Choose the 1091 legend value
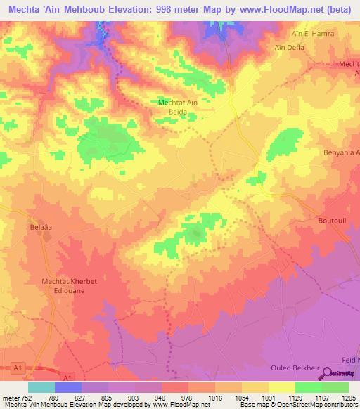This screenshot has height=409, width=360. [267, 398]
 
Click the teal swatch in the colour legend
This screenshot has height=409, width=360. [41, 388]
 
